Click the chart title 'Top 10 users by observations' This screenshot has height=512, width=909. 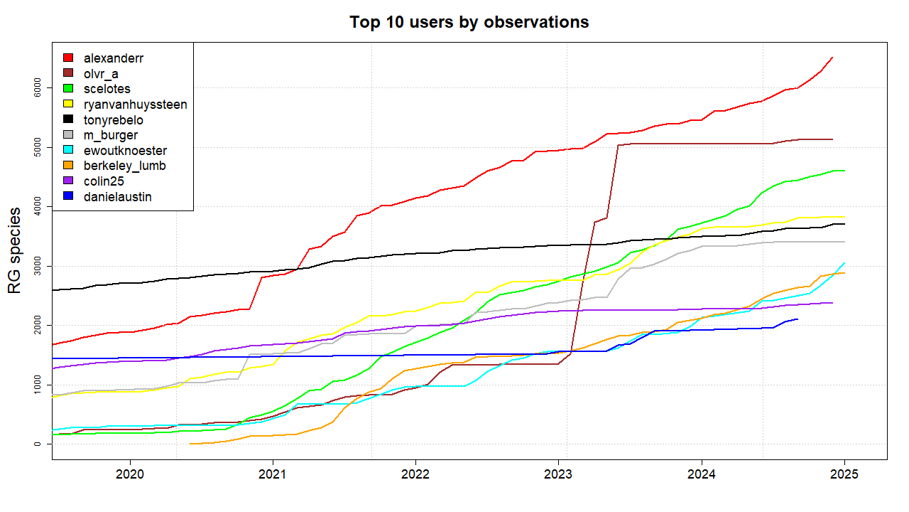(469, 22)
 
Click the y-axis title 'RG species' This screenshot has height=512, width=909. (14, 251)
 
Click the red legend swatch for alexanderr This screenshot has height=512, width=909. (68, 58)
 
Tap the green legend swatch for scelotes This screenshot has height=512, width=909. (68, 89)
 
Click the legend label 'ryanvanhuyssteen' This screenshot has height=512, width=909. (135, 105)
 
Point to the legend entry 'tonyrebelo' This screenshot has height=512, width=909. (114, 120)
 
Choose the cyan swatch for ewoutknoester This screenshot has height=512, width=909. (68, 151)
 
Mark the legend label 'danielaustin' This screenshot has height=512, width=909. (118, 197)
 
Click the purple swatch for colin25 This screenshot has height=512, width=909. (68, 181)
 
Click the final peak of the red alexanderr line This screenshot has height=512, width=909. (832, 58)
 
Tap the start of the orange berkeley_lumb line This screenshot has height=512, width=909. (190, 444)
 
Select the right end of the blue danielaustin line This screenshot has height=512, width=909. (798, 319)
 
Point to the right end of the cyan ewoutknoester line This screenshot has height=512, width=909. (844, 263)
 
